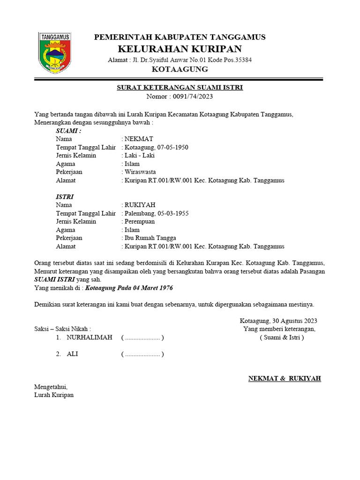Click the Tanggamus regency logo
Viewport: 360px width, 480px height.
click(x=54, y=52)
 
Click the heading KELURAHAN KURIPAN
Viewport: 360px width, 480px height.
click(x=180, y=49)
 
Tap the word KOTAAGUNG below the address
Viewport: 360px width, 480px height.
click(x=180, y=69)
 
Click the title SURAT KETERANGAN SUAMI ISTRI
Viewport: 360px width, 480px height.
click(x=180, y=88)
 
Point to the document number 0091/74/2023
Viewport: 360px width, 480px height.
click(x=193, y=97)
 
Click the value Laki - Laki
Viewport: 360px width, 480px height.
click(x=139, y=156)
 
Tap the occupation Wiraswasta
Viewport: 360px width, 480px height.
click(x=140, y=172)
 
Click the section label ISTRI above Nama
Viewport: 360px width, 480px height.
click(x=65, y=197)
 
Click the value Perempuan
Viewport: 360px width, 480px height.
click(x=140, y=221)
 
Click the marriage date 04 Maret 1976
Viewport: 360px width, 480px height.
click(x=145, y=288)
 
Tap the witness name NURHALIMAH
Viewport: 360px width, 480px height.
click(x=90, y=337)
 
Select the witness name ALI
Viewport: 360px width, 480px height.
click(x=72, y=354)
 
